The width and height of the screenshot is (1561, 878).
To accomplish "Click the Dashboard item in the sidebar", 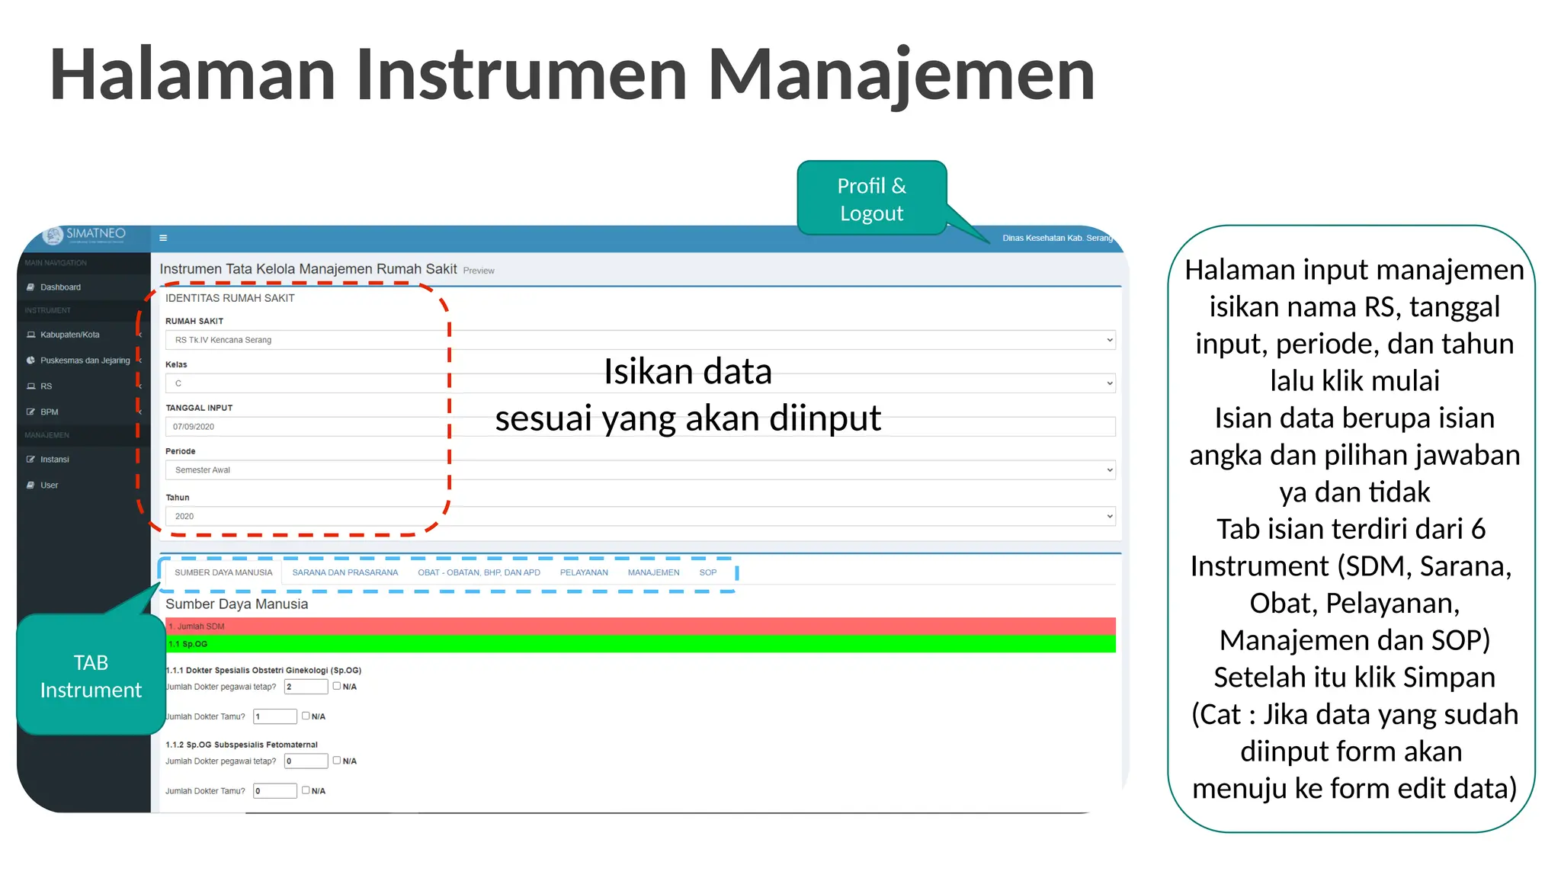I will (x=60, y=287).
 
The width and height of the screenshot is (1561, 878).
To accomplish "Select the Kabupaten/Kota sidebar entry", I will (x=69, y=335).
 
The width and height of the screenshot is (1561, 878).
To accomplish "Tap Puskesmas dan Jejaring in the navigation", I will (x=85, y=360).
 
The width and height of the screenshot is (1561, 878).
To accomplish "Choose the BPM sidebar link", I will (x=49, y=412).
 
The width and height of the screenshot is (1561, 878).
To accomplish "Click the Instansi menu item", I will (x=54, y=460).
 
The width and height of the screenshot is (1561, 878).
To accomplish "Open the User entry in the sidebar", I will (x=49, y=485).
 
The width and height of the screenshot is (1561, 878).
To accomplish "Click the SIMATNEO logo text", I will (x=95, y=233).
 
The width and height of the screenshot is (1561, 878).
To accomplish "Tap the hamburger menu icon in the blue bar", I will (x=163, y=238).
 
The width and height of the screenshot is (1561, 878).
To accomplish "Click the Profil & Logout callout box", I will (x=871, y=199).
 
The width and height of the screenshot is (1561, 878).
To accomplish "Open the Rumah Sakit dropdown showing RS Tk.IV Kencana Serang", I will (x=639, y=340).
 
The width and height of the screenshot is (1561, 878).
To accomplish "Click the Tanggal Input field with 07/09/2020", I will (x=639, y=427).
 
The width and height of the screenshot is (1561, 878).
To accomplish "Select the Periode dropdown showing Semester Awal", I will (x=639, y=470).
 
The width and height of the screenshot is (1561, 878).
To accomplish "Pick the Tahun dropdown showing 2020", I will (x=639, y=517).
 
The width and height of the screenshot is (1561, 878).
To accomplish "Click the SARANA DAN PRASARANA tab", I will (x=345, y=572).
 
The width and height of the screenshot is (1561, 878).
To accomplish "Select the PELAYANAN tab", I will (x=584, y=572).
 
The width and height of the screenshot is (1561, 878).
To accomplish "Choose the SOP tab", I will (x=707, y=572).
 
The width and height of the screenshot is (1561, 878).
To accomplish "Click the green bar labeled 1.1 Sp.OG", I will (x=639, y=644).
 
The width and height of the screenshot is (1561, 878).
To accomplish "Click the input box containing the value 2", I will (x=306, y=687).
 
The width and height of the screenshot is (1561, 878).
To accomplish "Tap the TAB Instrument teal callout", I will (x=91, y=676).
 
